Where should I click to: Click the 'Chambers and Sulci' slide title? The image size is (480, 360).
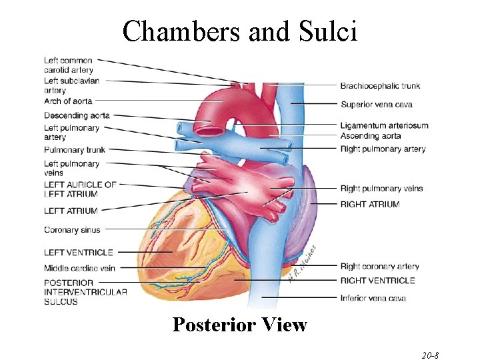240,31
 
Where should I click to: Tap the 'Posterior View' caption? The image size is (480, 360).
239,325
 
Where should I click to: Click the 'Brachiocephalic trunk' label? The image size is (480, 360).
380,86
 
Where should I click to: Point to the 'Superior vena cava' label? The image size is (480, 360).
376,105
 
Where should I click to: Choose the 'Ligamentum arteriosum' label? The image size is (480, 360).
384,125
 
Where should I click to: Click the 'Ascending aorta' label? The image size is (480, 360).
371,136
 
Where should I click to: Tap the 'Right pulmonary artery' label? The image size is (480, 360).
383,149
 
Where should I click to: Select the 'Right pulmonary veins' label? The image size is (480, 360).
381,189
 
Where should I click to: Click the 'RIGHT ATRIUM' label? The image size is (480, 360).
370,205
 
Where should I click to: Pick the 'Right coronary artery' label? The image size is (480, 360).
379,267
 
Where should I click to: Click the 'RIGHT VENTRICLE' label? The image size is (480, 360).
377,281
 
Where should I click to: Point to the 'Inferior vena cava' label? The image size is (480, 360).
373,298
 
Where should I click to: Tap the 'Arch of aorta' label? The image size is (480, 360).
68,101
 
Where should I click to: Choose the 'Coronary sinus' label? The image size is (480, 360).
72,230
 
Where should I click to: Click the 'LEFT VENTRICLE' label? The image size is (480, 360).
79,253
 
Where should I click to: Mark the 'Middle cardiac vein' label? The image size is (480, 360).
79,268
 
